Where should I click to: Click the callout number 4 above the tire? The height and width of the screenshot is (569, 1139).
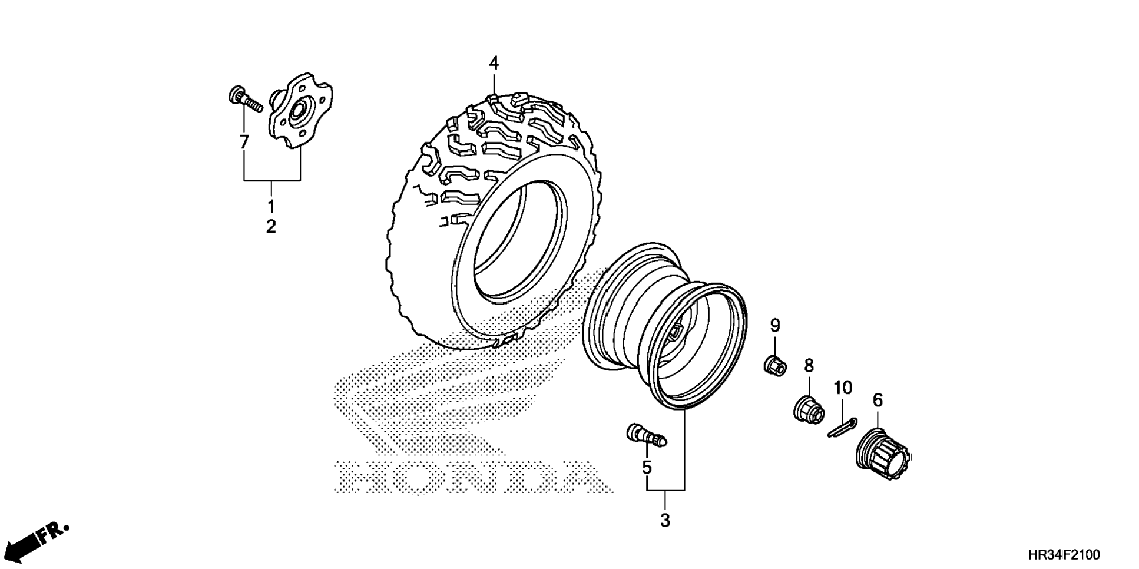point(494,62)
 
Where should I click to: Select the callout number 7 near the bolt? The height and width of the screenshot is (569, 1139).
point(243,141)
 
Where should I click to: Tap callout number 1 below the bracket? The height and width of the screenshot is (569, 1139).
point(271,206)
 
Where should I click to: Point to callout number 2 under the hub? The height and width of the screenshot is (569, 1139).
point(271,226)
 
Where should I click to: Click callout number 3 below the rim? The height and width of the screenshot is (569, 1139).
point(665,521)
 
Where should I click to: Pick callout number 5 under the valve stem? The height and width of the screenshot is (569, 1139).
point(647,468)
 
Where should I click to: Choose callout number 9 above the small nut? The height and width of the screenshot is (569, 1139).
point(775,325)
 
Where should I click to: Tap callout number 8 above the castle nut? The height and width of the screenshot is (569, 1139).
point(809,366)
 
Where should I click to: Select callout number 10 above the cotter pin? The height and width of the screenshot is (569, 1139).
point(842,388)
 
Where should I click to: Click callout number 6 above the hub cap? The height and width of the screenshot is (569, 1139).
point(878,401)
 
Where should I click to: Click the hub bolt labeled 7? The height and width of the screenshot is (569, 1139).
point(244,101)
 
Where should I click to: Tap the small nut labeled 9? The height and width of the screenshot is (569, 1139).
point(775,366)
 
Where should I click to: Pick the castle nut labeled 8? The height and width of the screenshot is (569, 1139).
point(808,409)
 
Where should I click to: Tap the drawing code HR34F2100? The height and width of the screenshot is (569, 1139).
point(1064,555)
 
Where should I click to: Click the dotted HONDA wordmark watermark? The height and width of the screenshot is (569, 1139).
point(471,476)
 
